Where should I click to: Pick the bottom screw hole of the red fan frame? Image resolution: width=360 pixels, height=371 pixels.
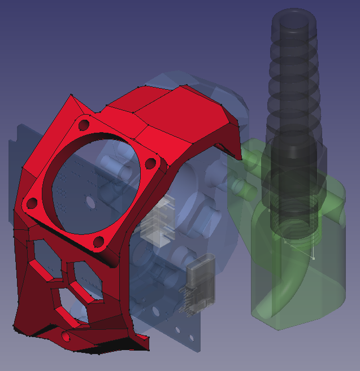98,242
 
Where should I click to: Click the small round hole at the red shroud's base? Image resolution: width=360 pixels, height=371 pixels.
66,337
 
